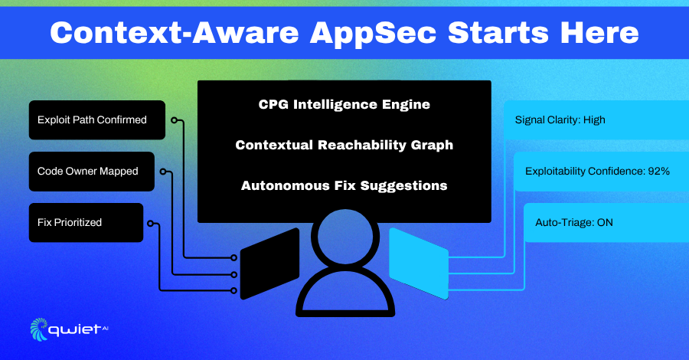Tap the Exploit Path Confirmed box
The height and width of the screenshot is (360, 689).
click(97, 120)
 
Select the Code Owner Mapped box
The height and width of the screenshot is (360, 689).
click(91, 172)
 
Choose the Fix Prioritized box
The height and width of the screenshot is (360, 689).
click(86, 222)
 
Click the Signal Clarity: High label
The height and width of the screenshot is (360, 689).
click(560, 120)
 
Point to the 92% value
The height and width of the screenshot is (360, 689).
click(658, 171)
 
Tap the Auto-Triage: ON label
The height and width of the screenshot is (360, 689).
click(574, 222)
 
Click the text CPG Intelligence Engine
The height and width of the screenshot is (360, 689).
click(344, 105)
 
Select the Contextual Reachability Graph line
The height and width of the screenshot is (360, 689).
click(344, 145)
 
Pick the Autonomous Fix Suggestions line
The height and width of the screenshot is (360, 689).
click(344, 185)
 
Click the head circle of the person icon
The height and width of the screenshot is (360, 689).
click(345, 236)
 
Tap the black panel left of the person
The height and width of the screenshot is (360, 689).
click(269, 263)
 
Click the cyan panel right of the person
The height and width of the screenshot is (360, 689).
click(419, 263)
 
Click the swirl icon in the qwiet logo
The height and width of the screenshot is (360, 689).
click(39, 329)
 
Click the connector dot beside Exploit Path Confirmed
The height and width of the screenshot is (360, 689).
click(175, 120)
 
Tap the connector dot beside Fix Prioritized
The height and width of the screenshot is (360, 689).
click(150, 224)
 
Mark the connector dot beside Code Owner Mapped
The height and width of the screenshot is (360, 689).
click(163, 172)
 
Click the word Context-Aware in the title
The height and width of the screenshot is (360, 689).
click(175, 33)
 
